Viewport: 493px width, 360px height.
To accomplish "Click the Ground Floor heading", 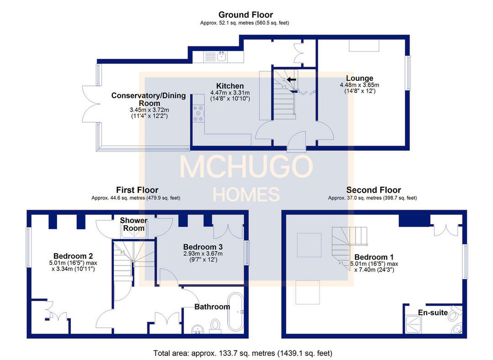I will (x=245, y=15).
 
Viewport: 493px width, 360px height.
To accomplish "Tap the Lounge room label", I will (x=359, y=78).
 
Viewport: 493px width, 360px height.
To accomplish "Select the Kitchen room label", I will (x=230, y=86).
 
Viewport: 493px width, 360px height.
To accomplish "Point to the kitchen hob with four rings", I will (x=198, y=114).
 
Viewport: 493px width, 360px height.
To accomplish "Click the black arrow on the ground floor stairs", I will (x=291, y=79).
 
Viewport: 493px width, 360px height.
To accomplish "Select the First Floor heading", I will (x=137, y=190).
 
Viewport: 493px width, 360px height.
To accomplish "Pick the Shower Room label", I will (x=134, y=224).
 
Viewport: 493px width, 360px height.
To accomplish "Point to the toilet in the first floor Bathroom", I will (x=215, y=325).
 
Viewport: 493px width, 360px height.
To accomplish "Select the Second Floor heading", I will (x=373, y=190).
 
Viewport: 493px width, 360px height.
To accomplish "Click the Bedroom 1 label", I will (x=373, y=256).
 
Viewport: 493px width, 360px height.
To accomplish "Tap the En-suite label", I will (x=433, y=313).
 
